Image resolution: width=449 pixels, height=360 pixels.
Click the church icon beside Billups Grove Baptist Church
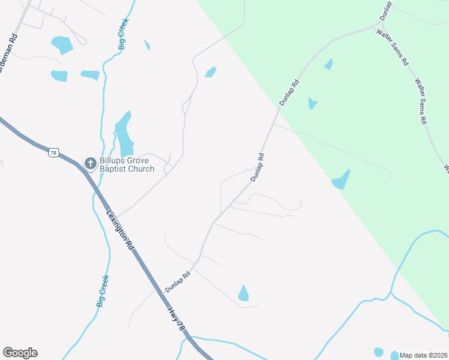90,163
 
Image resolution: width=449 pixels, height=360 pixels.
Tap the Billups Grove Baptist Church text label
127,164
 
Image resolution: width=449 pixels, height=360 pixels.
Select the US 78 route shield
54,153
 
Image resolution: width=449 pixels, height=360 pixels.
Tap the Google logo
20,353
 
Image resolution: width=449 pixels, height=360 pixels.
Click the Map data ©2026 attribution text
423,355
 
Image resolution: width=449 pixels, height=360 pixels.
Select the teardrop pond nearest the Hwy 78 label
243,293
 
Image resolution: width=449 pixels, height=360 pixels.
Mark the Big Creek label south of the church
103,291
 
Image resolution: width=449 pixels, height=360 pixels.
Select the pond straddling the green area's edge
341,180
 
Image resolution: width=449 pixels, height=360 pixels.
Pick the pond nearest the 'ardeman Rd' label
61,44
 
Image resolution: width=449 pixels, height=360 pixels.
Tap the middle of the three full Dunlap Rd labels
258,167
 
